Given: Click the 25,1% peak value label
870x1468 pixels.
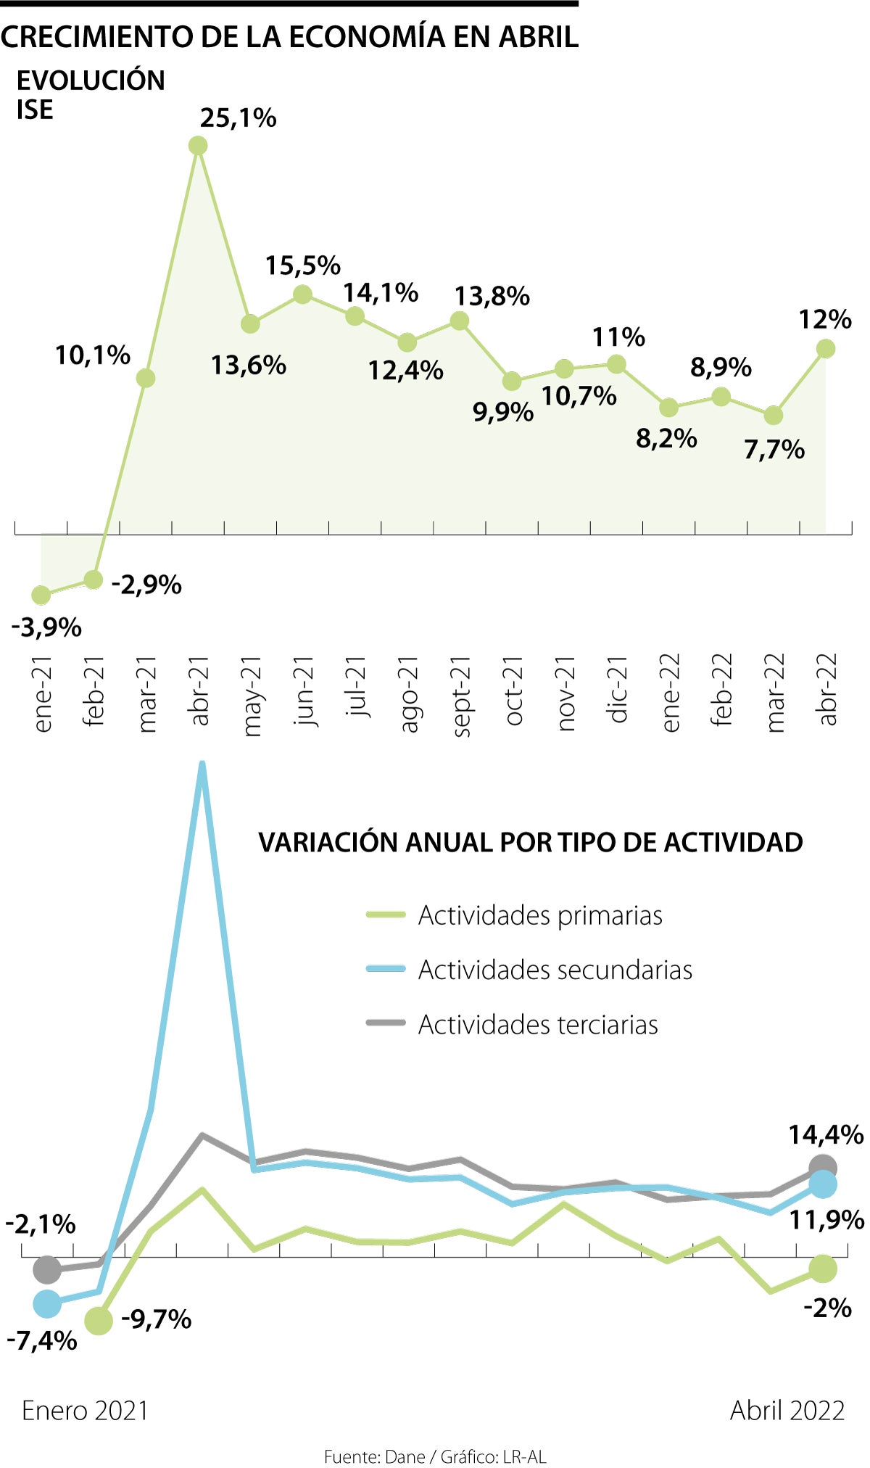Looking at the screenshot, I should [x=238, y=118].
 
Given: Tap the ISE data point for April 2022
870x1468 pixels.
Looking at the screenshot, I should [x=825, y=349].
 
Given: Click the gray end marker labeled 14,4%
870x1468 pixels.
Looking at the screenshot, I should [x=823, y=1168].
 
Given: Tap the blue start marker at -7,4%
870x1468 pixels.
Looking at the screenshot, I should [x=47, y=1303].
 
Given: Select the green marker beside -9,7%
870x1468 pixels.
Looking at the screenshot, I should [x=99, y=1321].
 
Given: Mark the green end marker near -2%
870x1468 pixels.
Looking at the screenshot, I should [x=823, y=1269].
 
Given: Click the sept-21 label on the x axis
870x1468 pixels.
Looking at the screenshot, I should [x=461, y=696].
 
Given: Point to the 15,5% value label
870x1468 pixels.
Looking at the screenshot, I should [x=302, y=266].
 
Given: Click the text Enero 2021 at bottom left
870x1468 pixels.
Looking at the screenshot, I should [x=85, y=1411].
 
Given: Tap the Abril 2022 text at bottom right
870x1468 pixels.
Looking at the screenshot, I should [x=787, y=1411].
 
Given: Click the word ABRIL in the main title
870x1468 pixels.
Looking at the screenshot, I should [x=538, y=36].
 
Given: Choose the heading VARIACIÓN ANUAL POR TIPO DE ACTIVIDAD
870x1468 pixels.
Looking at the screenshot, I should [x=530, y=842].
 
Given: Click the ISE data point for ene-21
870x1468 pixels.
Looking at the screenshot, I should [x=41, y=595].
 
